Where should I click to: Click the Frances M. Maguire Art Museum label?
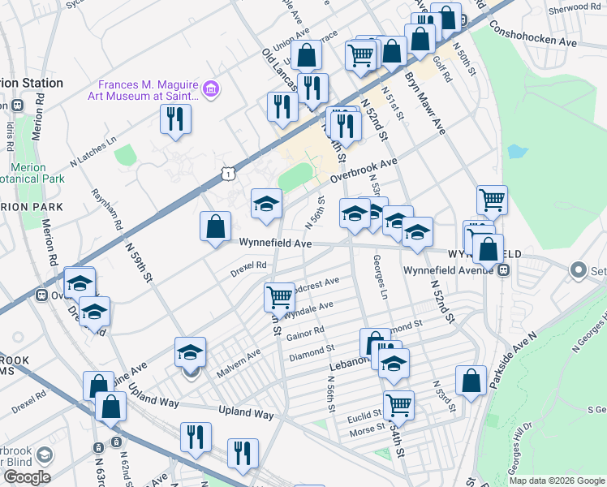click(x=149, y=91)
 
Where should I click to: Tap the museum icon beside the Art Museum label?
click(x=211, y=88)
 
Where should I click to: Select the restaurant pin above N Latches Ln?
click(x=175, y=119)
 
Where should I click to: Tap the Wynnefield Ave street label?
click(x=275, y=243)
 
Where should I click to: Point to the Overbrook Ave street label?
click(x=363, y=171)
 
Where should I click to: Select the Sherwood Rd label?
click(x=574, y=6)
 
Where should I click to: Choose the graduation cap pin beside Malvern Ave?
click(x=190, y=353)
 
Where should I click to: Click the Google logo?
click(x=27, y=477)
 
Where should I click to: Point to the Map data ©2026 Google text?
click(x=557, y=481)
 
